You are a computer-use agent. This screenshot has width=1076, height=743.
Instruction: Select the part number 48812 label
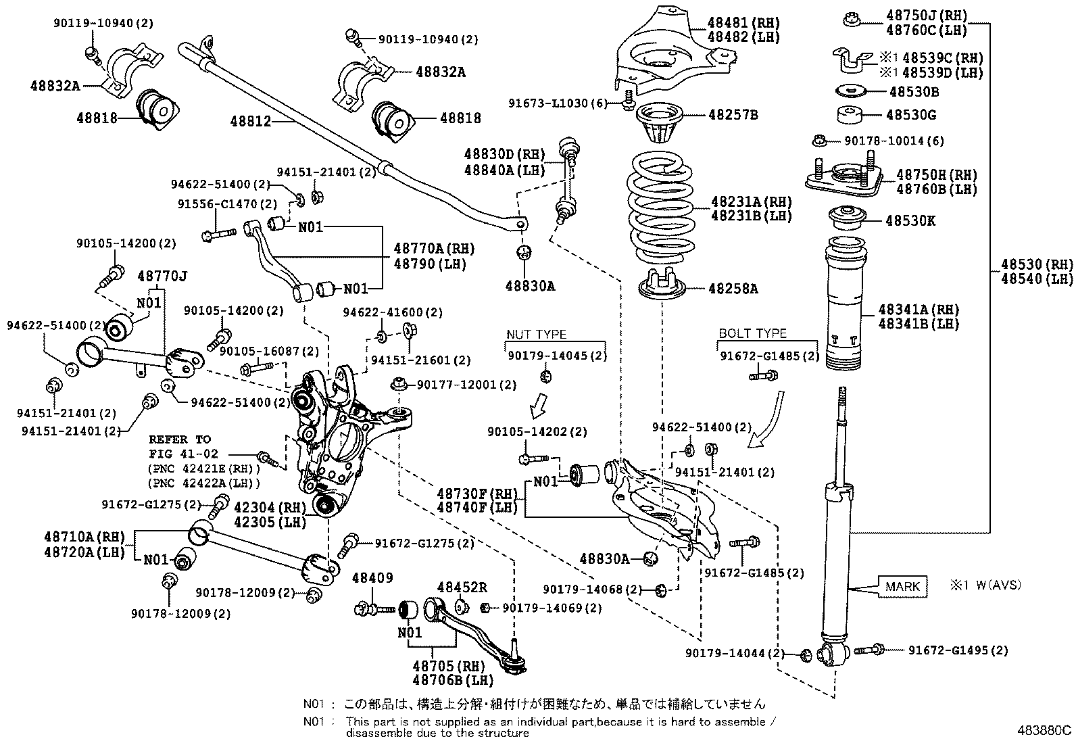click(x=250, y=122)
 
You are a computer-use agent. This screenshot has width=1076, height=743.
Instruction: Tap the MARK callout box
click(x=902, y=586)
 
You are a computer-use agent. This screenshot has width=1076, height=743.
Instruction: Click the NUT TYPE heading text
click(x=537, y=335)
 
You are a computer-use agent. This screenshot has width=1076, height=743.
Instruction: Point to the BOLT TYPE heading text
click(x=752, y=333)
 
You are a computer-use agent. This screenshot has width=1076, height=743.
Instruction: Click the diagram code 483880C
click(x=1045, y=731)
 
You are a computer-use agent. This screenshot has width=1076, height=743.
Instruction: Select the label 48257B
click(x=733, y=115)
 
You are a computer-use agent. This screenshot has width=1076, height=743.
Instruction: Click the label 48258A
click(x=733, y=289)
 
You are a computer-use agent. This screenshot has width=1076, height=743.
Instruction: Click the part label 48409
click(x=372, y=578)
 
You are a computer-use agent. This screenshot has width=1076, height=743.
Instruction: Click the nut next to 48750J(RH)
click(x=852, y=20)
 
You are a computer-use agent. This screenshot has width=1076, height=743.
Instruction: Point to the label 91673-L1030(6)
click(x=558, y=103)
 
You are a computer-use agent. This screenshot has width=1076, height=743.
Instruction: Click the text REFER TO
click(x=179, y=439)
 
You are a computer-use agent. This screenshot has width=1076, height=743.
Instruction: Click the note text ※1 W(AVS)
click(x=985, y=585)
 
